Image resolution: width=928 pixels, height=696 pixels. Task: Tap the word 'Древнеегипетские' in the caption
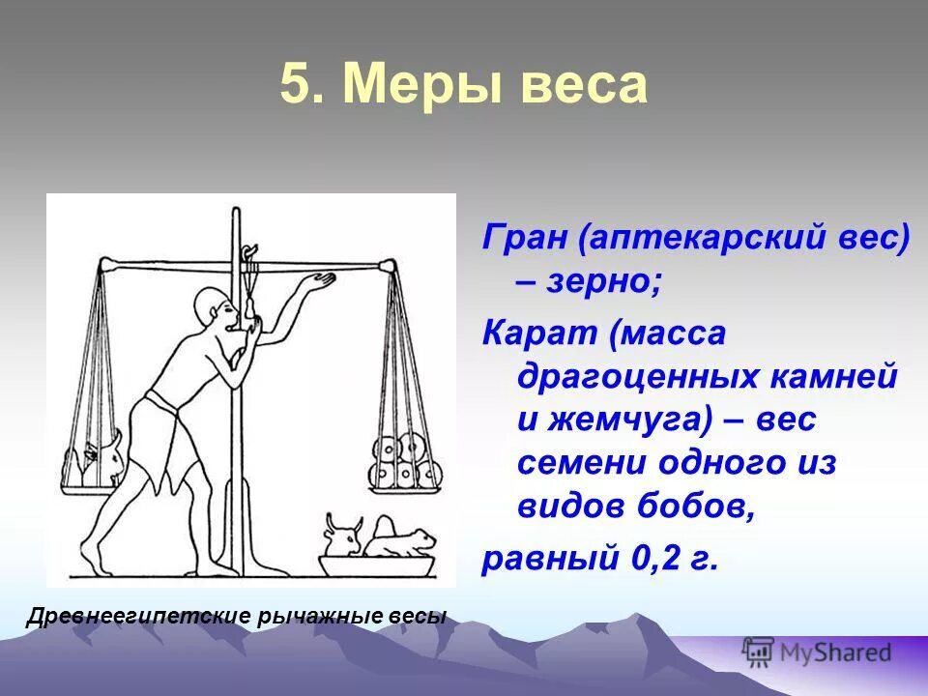click(x=137, y=617)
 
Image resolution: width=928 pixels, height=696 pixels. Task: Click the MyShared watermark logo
click(x=817, y=652)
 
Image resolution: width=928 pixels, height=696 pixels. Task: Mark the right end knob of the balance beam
click(x=388, y=266)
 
